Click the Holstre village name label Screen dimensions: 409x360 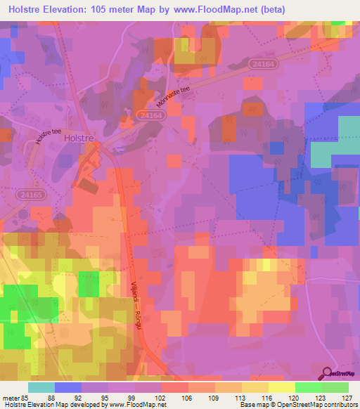pos(79,139)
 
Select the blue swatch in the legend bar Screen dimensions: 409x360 pos(68,387)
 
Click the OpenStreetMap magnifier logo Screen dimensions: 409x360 pos(328,372)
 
